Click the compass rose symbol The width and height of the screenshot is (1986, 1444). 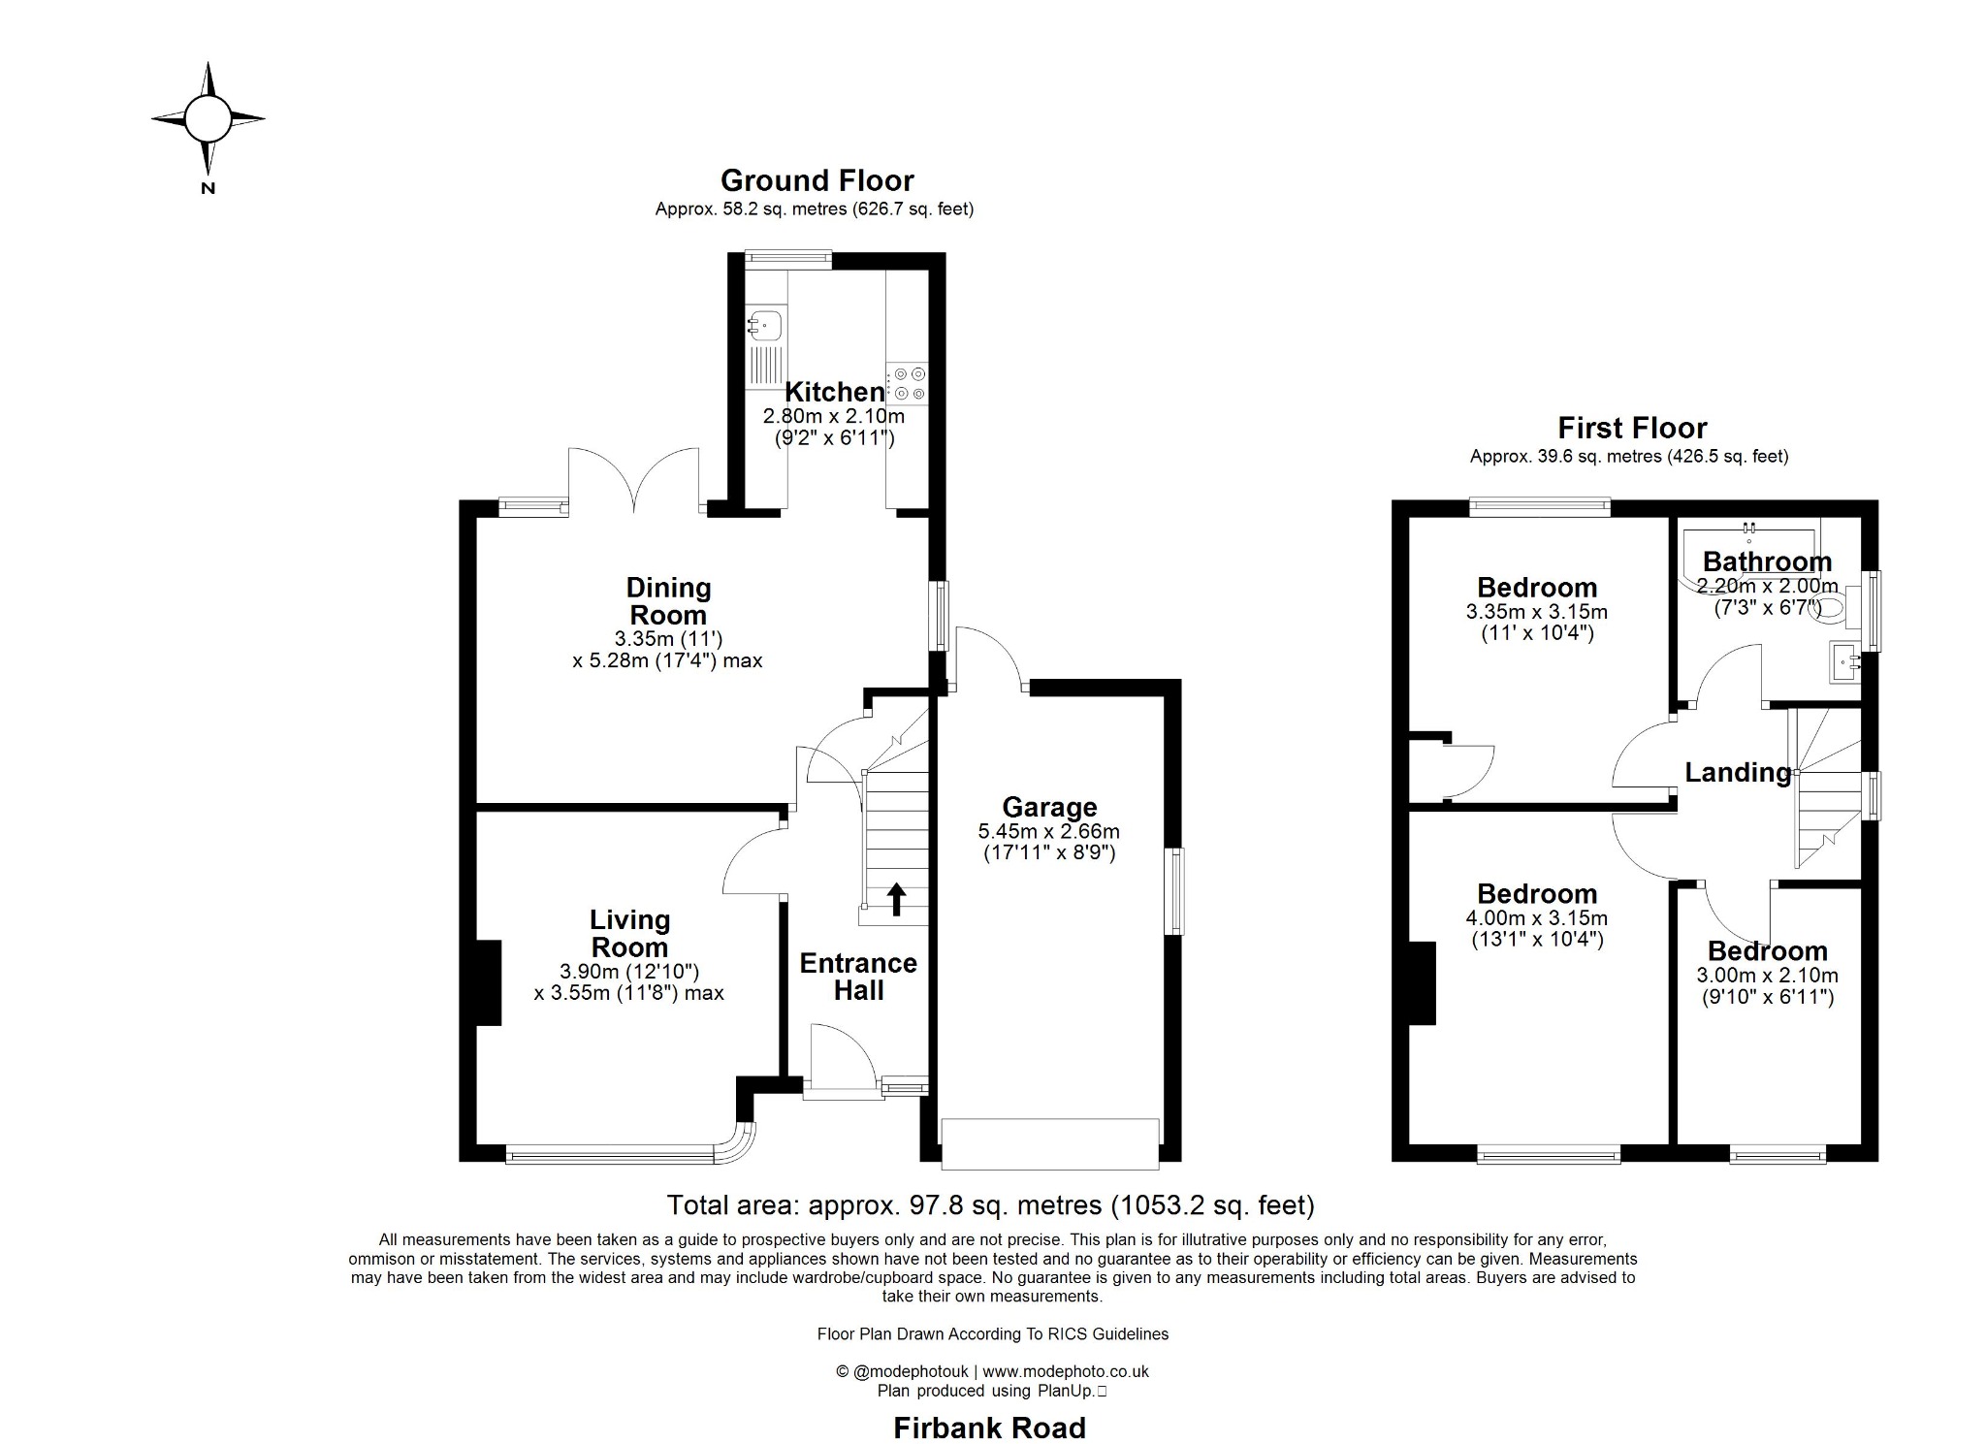tap(208, 118)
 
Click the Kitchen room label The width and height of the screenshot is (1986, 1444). tap(834, 392)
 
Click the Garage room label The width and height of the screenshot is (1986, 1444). tap(1049, 807)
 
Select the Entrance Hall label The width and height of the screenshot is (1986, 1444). tap(858, 977)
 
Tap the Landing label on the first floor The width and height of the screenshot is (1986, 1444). tap(1738, 773)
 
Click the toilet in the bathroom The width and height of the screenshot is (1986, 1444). tap(1832, 607)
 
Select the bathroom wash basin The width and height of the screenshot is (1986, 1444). tap(1845, 663)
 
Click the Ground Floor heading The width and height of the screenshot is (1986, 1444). tap(817, 181)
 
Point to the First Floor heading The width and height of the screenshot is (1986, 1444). tap(1632, 428)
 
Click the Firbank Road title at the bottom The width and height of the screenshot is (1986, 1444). tap(989, 1428)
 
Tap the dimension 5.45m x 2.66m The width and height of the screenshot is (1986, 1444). tap(1049, 831)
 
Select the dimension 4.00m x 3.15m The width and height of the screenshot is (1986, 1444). tap(1536, 917)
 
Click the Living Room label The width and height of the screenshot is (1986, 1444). tap(629, 933)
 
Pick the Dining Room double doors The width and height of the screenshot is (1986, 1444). tap(633, 480)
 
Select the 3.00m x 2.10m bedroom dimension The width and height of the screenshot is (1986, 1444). tap(1767, 976)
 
